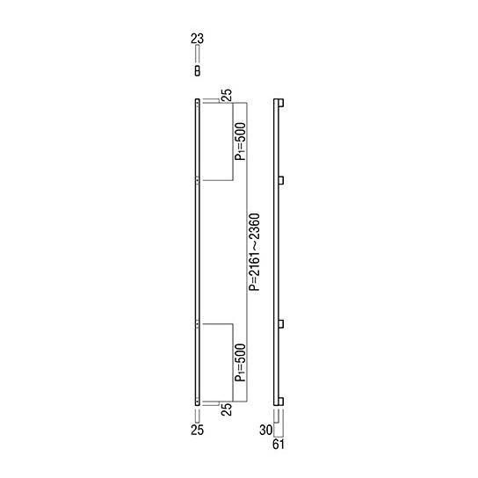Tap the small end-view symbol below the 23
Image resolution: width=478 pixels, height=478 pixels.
coord(197,69)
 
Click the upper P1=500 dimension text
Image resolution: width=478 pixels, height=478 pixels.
coord(240,141)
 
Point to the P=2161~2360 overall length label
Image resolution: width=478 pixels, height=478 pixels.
coord(255,251)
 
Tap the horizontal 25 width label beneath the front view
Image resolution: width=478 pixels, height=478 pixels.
coord(197,431)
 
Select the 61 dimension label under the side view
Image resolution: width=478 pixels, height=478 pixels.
coord(278,445)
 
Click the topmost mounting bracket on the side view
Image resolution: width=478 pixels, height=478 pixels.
coord(281,105)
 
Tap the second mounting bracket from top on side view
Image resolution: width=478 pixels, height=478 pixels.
coord(281,179)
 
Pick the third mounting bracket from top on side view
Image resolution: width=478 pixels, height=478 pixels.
coord(281,324)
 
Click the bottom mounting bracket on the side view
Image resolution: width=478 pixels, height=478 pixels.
coord(281,400)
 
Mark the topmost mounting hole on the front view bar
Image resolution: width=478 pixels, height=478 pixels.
coord(197,105)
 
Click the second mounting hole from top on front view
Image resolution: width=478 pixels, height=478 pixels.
coord(197,179)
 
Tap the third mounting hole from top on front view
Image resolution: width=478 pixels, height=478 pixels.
coord(197,324)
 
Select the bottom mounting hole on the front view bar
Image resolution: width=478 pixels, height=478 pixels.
coord(197,400)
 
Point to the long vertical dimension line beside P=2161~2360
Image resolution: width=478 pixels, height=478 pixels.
coord(247,251)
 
